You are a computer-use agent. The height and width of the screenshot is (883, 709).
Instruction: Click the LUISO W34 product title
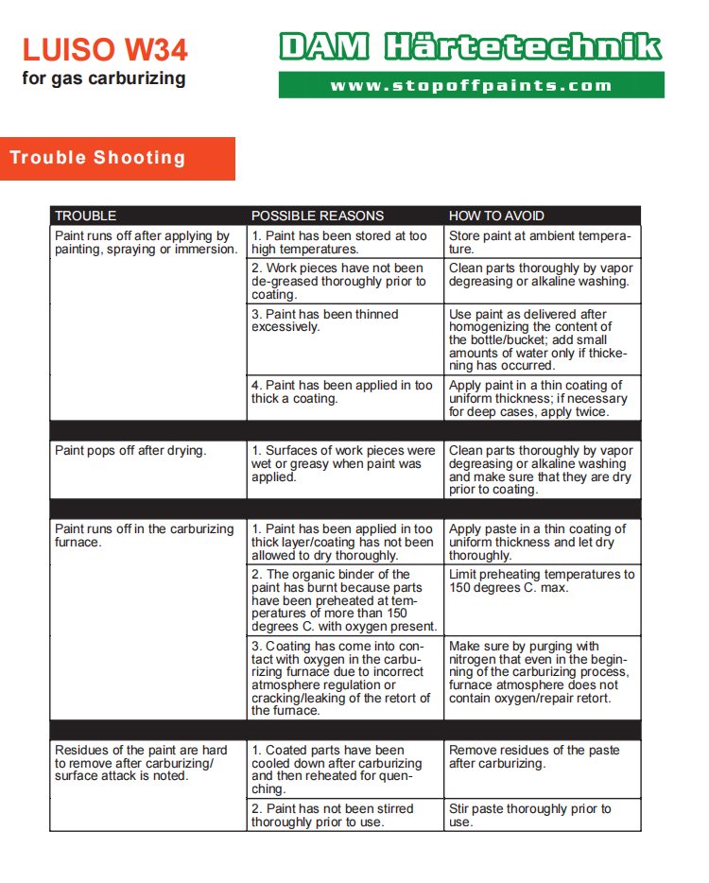(104, 49)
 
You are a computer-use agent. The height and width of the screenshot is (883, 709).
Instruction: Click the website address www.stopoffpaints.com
(471, 85)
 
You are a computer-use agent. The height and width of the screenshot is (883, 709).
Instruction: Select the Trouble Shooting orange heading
(98, 158)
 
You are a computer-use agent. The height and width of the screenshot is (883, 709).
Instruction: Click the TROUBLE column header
(86, 216)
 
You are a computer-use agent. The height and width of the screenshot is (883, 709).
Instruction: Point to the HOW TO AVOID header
(496, 216)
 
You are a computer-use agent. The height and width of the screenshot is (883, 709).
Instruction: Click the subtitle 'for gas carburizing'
(104, 78)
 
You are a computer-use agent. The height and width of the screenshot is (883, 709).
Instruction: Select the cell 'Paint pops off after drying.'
(130, 451)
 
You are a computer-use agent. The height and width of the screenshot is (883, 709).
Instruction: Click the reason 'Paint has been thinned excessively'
(324, 320)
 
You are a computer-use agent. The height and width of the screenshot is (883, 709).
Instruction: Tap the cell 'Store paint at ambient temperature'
(539, 242)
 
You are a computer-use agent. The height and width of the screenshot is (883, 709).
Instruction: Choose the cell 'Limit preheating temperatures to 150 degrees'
(541, 580)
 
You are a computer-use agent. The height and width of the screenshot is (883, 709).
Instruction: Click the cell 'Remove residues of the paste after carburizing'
(534, 756)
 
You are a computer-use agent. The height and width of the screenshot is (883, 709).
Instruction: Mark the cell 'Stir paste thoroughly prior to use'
(529, 815)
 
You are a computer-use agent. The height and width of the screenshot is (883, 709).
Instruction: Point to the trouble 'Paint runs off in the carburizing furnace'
(144, 536)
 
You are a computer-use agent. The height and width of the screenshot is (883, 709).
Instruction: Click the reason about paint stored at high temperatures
(338, 242)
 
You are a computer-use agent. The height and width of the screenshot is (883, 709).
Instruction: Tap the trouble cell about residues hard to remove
(141, 762)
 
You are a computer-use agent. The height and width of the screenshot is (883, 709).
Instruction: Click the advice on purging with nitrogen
(541, 672)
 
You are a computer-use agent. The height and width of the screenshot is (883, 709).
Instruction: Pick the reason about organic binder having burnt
(343, 600)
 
